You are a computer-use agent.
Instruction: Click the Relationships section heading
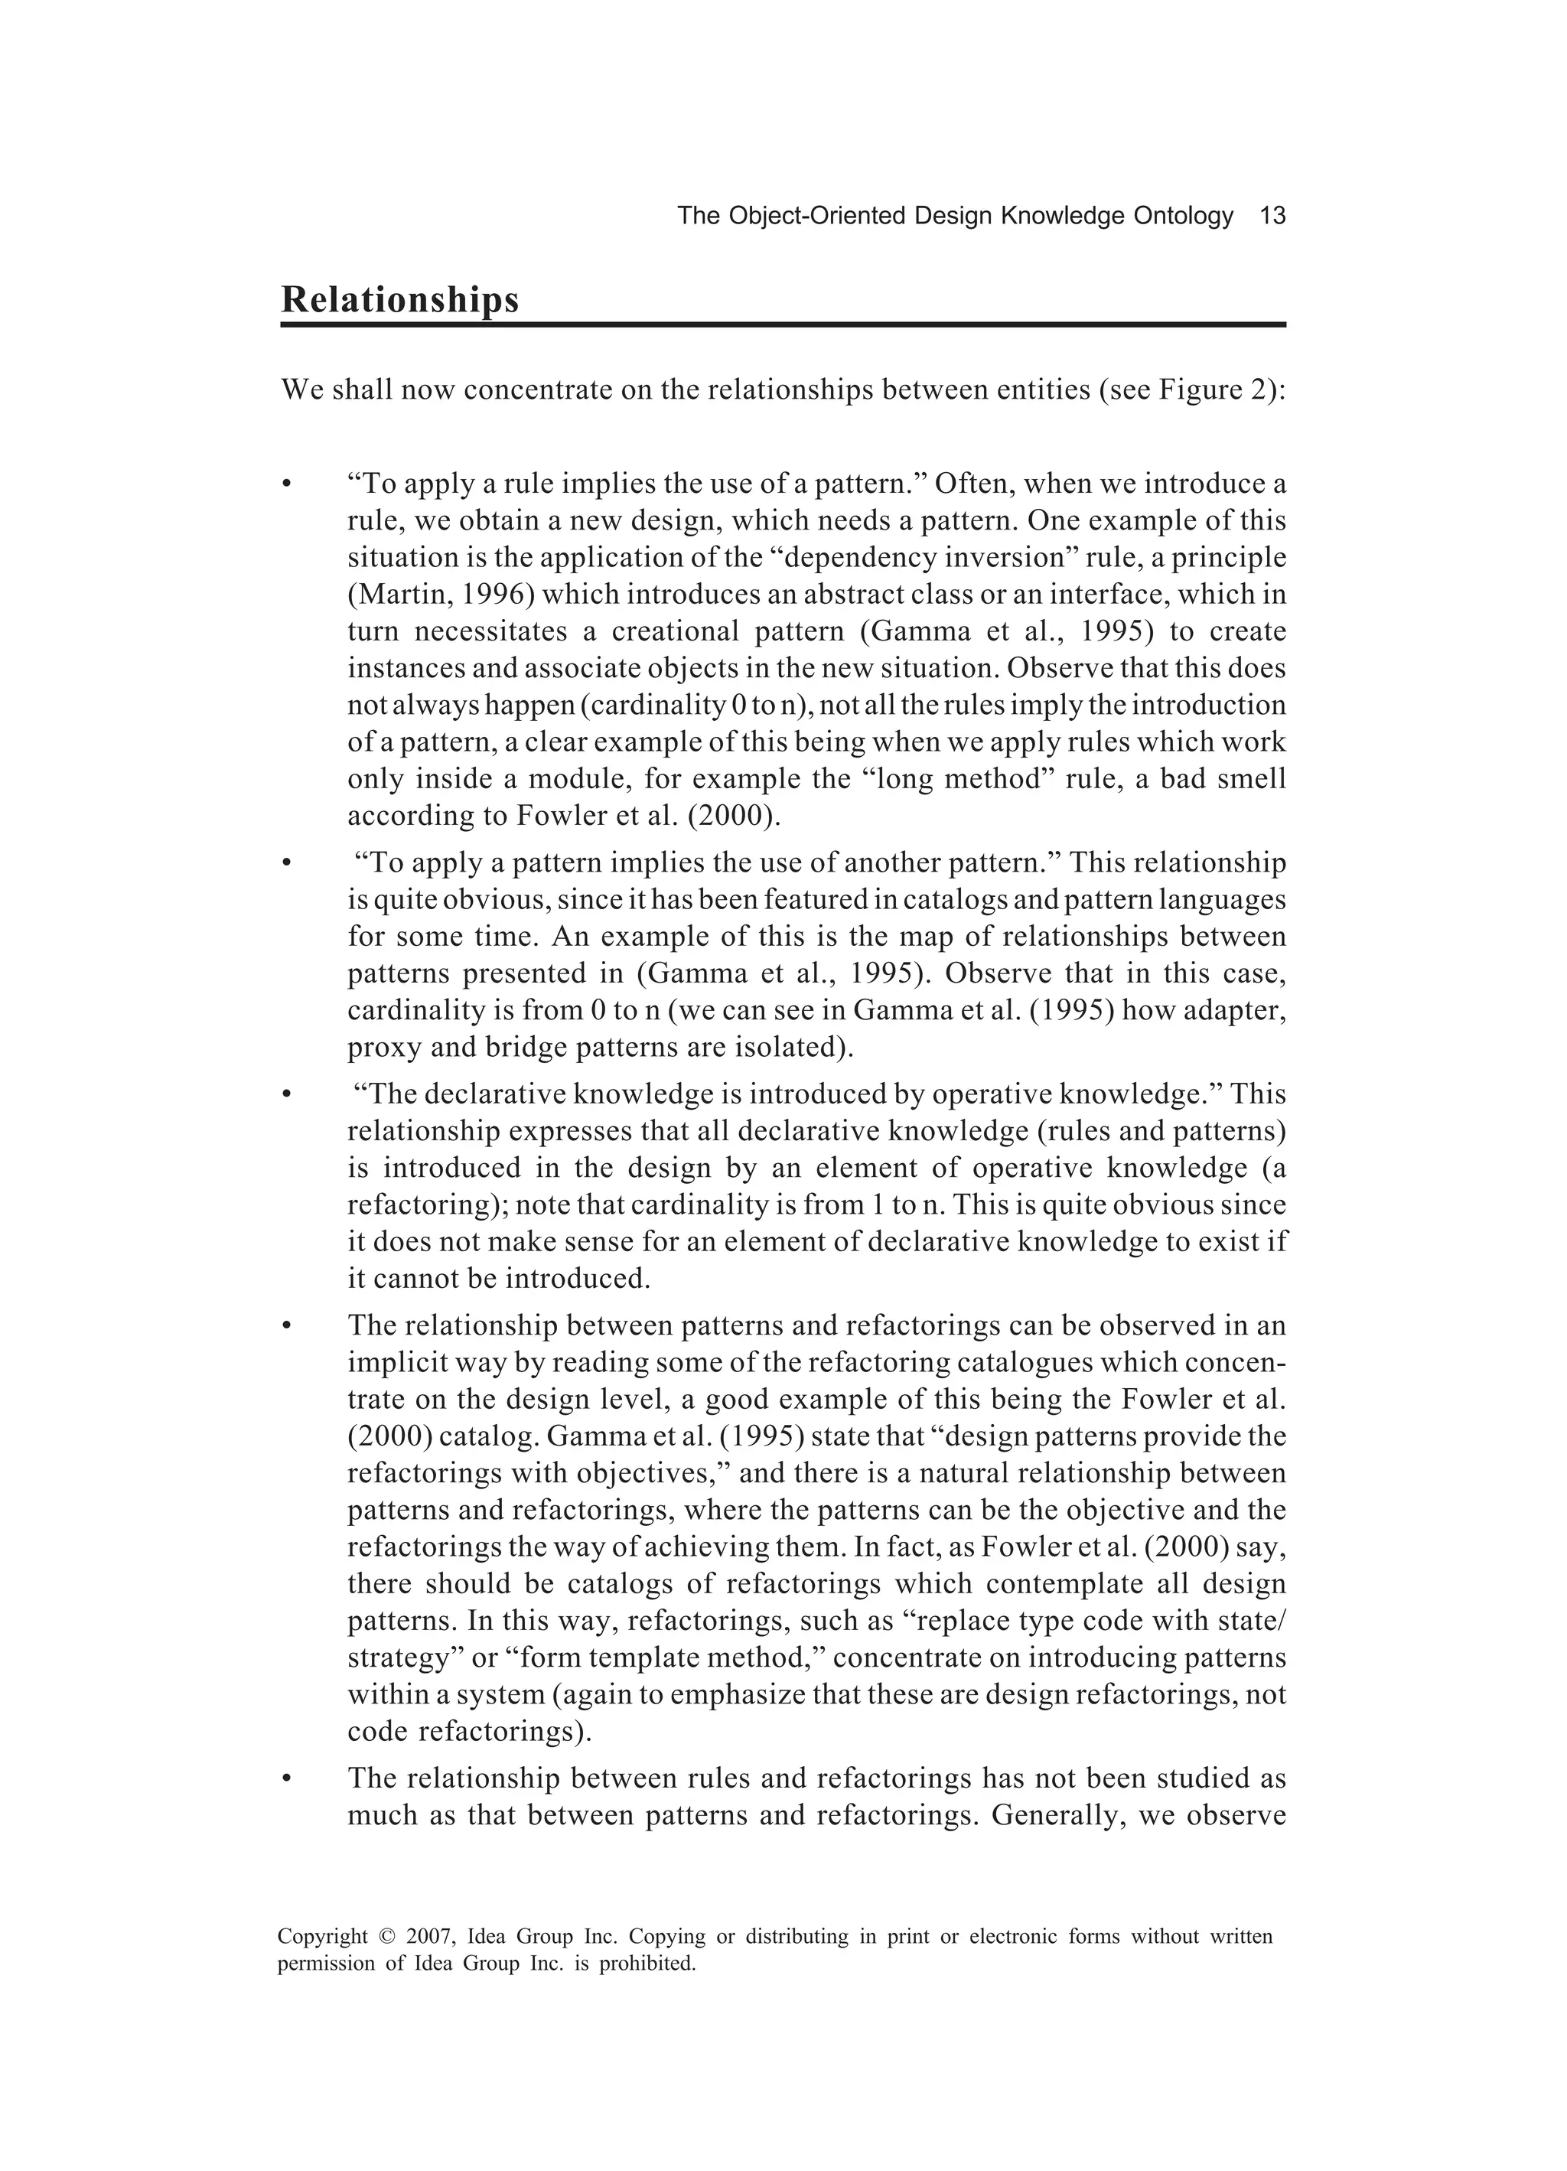(x=399, y=300)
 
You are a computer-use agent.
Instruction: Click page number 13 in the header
(x=1272, y=217)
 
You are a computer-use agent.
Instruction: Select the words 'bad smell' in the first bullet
(x=1223, y=779)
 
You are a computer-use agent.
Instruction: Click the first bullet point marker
(x=285, y=485)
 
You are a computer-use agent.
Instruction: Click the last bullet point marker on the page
(x=285, y=1779)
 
